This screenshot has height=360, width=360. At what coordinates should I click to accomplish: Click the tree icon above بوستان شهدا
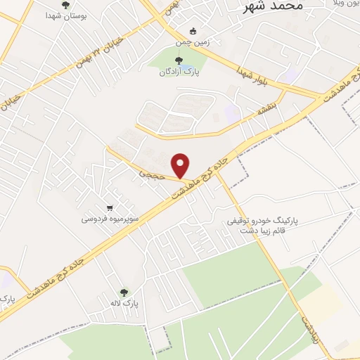tap(65, 5)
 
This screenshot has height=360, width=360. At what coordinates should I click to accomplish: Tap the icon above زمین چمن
tap(193, 31)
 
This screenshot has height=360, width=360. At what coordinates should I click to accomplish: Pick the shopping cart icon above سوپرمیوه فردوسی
tap(110, 208)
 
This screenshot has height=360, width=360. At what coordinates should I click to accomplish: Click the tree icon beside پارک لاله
tap(124, 293)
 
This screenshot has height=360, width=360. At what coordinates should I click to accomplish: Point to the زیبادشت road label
tap(310, 328)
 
